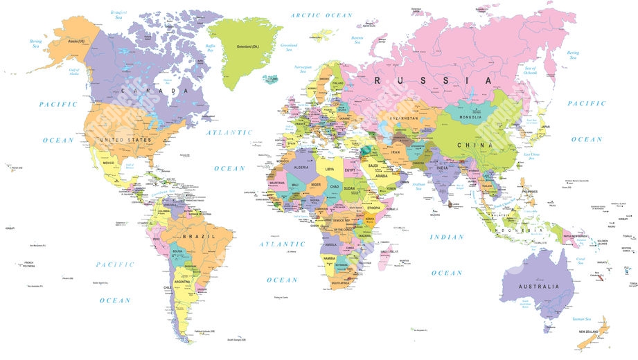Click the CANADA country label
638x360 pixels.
tap(155, 91)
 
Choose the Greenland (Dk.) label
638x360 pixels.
tap(248, 46)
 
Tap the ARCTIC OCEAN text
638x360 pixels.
tap(321, 15)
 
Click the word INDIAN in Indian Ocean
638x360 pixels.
tap(447, 237)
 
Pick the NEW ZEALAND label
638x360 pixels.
tap(589, 332)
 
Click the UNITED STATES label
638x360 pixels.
tap(125, 141)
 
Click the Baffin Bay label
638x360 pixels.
tap(211, 48)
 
